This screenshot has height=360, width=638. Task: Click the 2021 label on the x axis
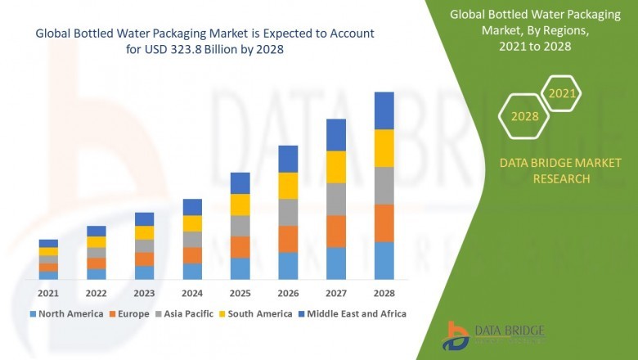48,293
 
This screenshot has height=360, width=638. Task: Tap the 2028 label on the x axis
384,293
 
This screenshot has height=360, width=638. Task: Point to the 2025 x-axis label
240,293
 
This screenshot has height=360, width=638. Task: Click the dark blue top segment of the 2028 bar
384,110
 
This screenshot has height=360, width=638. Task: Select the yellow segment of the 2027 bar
336,167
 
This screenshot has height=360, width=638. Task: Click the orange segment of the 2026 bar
288,239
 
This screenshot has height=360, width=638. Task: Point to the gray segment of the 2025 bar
240,226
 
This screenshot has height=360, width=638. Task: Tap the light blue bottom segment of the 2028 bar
384,260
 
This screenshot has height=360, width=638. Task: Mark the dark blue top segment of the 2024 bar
192,207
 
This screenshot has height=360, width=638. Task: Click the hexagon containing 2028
524,116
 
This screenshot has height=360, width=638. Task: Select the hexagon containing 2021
562,94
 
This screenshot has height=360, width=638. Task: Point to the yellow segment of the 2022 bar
97,242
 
